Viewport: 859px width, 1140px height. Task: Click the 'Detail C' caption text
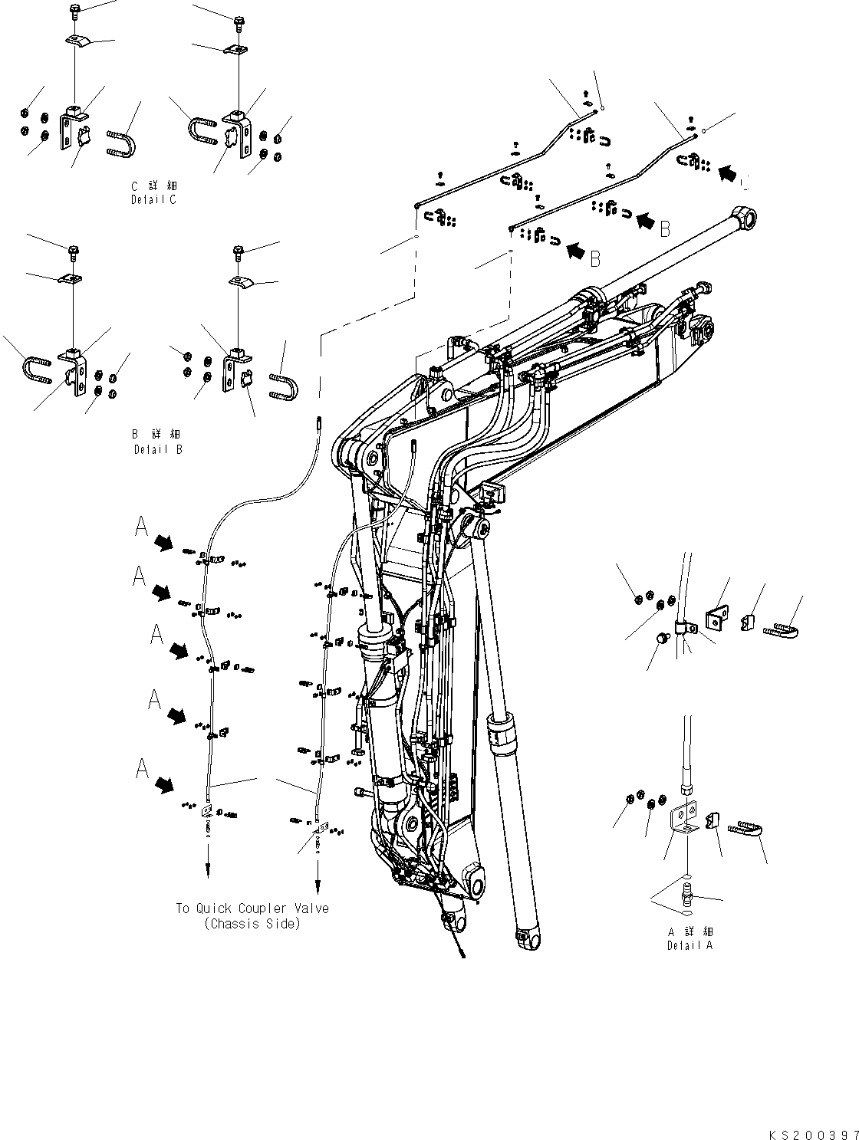pyautogui.click(x=153, y=199)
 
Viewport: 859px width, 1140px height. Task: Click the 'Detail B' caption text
pyautogui.click(x=158, y=449)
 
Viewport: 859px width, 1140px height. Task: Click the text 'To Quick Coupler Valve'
pyautogui.click(x=252, y=908)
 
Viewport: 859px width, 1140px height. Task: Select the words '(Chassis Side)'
pyautogui.click(x=252, y=924)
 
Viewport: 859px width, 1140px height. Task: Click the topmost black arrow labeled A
pyautogui.click(x=163, y=543)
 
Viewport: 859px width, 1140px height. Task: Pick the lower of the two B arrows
pyautogui.click(x=575, y=248)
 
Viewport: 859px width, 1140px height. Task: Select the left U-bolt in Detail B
pyautogui.click(x=36, y=369)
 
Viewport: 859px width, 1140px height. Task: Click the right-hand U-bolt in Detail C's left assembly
pyautogui.click(x=122, y=143)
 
